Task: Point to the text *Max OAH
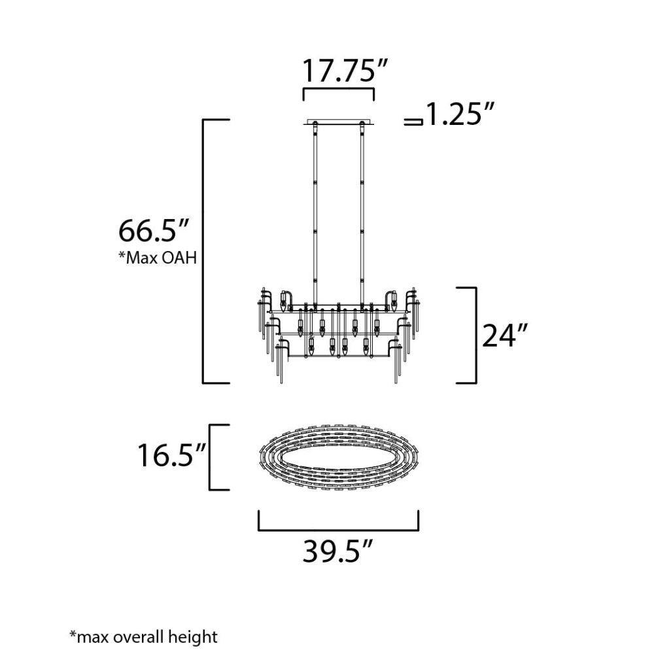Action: pyautogui.click(x=158, y=258)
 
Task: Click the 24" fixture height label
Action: pyautogui.click(x=505, y=335)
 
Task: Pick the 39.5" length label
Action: pyautogui.click(x=337, y=551)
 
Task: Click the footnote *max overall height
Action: pyautogui.click(x=143, y=637)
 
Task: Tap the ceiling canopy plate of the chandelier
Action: pyautogui.click(x=338, y=123)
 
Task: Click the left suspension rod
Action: pyautogui.click(x=315, y=215)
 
